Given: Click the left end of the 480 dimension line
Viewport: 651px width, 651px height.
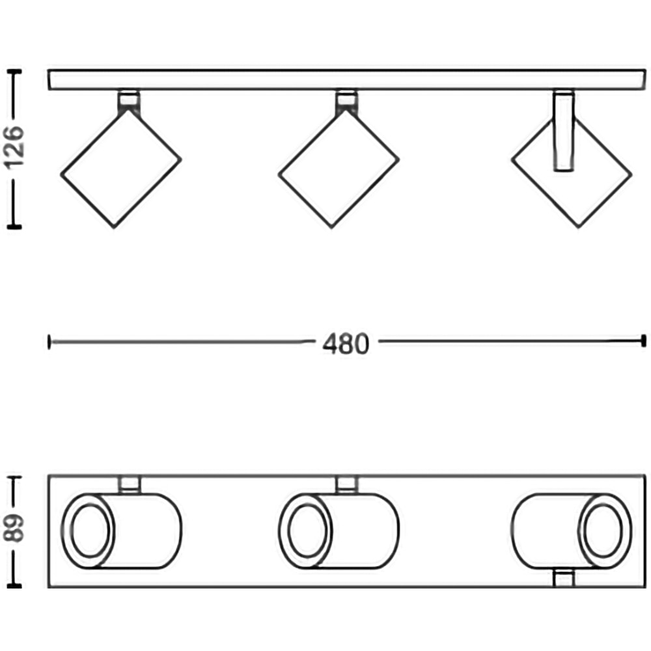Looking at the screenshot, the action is coord(49,342).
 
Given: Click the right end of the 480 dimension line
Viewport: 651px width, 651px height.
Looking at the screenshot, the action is coord(644,341).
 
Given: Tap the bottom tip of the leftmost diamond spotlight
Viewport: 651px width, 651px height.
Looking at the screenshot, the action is coord(114,227).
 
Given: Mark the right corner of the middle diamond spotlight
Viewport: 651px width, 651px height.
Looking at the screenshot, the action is coord(398,159).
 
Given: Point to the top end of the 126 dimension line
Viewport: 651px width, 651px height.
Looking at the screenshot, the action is coord(14,72).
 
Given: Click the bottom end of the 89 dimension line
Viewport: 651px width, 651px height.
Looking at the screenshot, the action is coord(14,586).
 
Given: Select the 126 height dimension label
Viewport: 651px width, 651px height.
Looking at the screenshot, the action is coord(14,147).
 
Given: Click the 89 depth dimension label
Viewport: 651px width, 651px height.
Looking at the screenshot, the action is coord(14,528).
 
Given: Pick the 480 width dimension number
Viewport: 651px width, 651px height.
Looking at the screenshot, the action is coord(346,344).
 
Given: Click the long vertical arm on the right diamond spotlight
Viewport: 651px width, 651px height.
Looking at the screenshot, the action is coord(564,132).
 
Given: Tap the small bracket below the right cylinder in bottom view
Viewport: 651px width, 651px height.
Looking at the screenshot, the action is coord(564,577).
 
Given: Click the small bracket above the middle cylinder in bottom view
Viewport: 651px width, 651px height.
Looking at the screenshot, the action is coord(346,484).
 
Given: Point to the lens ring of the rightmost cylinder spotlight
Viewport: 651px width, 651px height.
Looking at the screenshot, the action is coord(605,531).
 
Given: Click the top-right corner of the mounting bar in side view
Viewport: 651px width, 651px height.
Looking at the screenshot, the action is coord(645,70).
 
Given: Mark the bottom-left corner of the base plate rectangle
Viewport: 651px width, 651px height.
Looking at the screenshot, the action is coord(49,587).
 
